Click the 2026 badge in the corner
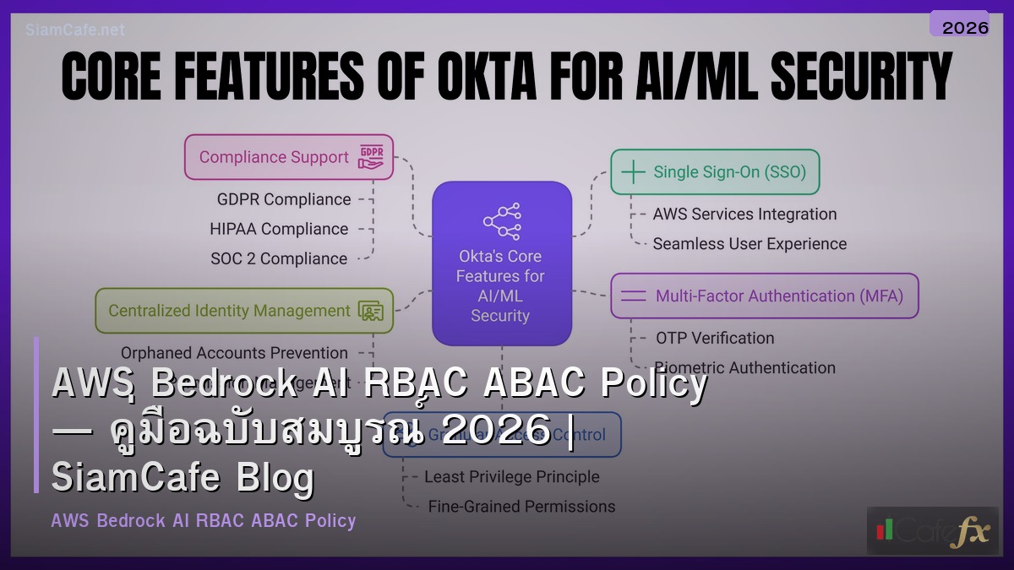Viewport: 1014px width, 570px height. tap(964, 27)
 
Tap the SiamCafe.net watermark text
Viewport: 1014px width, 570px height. tap(75, 30)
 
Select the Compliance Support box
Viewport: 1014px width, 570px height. tap(289, 157)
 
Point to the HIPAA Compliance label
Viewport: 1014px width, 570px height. tap(279, 229)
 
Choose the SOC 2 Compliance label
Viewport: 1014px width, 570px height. tap(279, 258)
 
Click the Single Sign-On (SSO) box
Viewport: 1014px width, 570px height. tap(715, 172)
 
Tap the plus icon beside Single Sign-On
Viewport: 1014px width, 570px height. tap(633, 172)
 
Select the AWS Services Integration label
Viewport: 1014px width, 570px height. tap(744, 214)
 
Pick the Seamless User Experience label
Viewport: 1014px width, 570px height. tap(750, 244)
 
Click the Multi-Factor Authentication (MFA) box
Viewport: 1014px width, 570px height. tap(764, 296)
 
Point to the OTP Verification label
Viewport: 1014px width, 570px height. tap(715, 338)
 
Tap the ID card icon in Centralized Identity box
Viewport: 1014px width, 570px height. tap(370, 311)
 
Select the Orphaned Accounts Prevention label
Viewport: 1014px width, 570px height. tap(234, 353)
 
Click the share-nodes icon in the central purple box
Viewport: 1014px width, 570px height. tap(502, 220)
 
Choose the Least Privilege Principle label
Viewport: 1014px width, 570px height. tap(512, 477)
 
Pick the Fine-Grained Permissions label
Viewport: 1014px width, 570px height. tap(521, 507)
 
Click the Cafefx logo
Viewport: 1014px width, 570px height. tap(932, 531)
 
